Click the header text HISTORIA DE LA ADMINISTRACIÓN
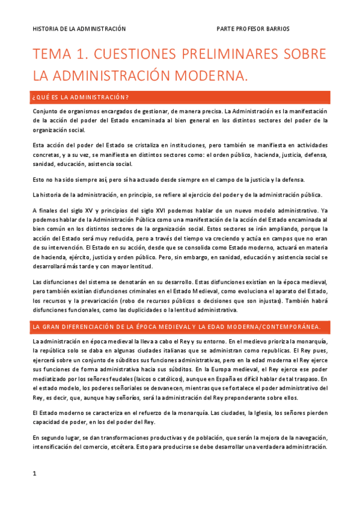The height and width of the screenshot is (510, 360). coord(79,28)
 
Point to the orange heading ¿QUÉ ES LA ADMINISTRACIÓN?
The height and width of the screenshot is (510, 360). coord(81,97)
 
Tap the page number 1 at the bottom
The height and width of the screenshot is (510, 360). coord(35,473)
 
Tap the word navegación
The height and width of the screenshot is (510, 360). coord(309,438)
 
